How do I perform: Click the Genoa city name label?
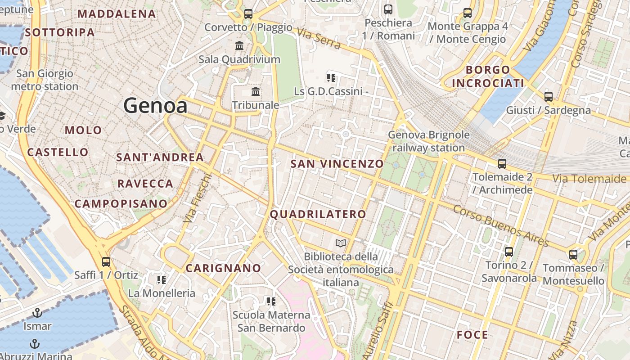coord(155,106)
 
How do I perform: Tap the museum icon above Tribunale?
coord(256,92)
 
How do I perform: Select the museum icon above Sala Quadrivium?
coord(239,45)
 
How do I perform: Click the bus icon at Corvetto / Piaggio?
coord(248,13)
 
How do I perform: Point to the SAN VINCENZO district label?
coord(337,164)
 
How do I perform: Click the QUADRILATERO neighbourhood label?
coord(318,214)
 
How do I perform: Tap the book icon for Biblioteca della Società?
coord(341,243)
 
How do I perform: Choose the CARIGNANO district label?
coord(223,268)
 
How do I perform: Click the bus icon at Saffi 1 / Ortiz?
coord(106,261)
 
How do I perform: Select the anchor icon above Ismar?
coord(37,312)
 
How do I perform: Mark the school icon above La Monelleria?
coord(162,280)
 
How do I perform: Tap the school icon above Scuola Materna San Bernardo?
coord(271,301)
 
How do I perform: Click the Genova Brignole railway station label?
coord(428,141)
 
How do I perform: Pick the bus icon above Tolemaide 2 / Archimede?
coord(502,164)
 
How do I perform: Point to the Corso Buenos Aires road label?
coord(501,226)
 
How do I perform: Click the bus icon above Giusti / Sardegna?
coord(548,96)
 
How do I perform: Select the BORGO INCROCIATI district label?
coord(488,76)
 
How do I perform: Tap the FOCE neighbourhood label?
coord(472,335)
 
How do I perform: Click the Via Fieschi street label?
coord(198,198)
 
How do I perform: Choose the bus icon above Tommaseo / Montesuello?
coord(573,255)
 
